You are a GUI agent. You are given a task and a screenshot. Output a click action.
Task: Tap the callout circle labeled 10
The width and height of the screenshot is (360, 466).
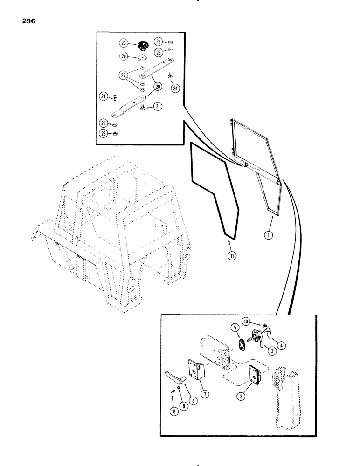tap(246, 321)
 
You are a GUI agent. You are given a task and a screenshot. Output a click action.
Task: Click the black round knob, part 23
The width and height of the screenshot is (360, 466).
tap(140, 45)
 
